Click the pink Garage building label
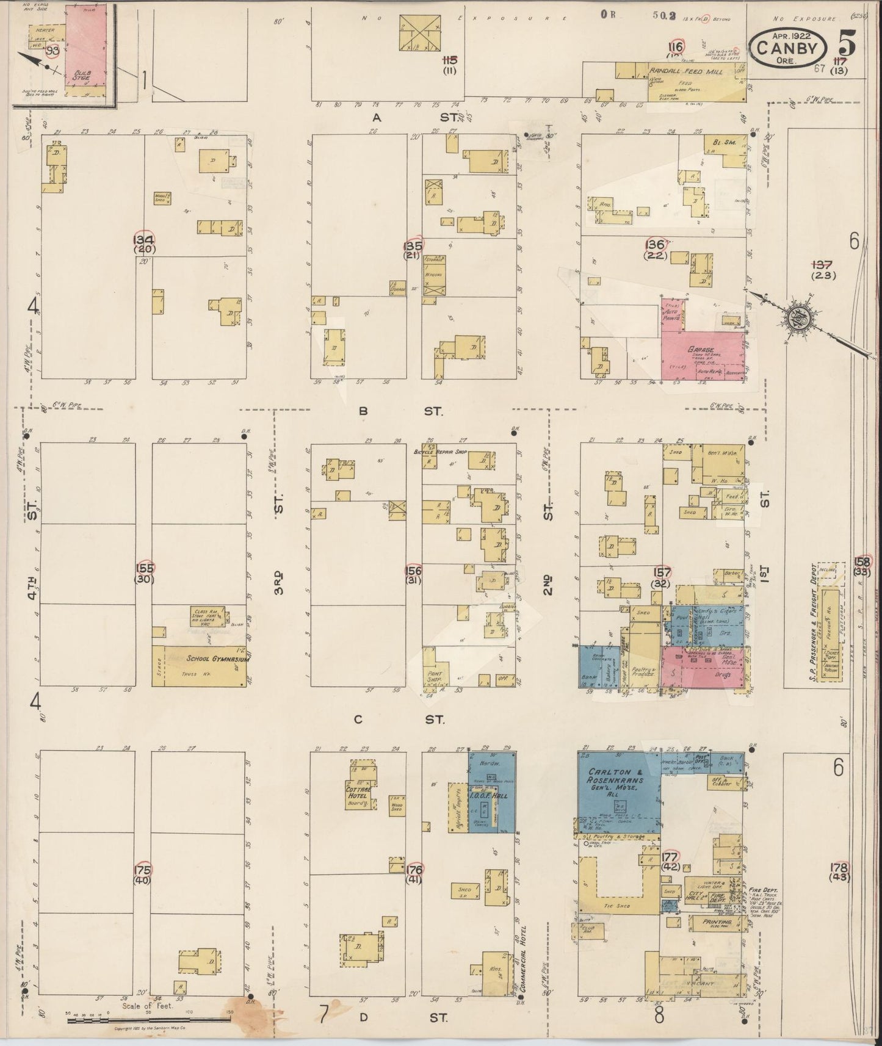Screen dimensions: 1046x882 tap(702, 350)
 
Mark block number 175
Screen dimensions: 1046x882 tap(144, 869)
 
